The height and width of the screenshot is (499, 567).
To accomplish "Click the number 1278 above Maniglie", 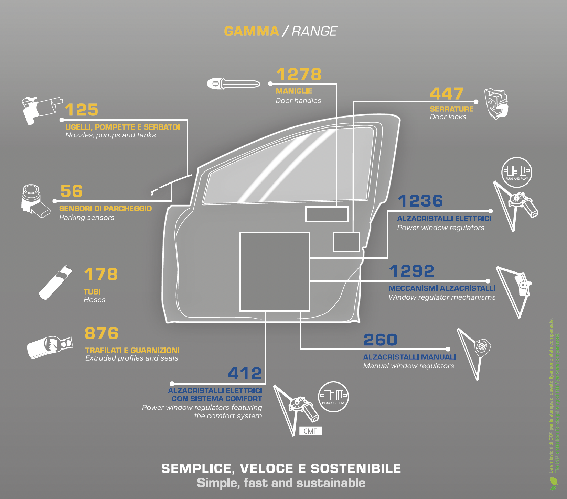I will pyautogui.click(x=299, y=75).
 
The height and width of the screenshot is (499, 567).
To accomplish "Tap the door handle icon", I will pyautogui.click(x=233, y=84).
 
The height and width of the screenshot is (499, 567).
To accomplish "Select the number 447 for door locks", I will pyautogui.click(x=447, y=94).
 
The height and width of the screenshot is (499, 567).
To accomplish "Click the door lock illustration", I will pyautogui.click(x=496, y=103).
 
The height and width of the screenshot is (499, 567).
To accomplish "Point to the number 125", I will pyautogui.click(x=82, y=110).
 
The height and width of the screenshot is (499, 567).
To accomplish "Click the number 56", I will pyautogui.click(x=72, y=191).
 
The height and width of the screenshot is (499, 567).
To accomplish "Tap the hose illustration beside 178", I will pyautogui.click(x=55, y=282).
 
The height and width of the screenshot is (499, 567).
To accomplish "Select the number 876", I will pyautogui.click(x=101, y=333).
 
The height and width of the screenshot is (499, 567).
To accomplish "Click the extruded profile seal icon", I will pyautogui.click(x=50, y=347).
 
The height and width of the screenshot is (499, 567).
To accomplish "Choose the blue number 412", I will pyautogui.click(x=245, y=374).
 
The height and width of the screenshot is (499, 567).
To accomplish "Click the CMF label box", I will pyautogui.click(x=310, y=431).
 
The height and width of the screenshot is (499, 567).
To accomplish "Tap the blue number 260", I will pyautogui.click(x=381, y=340).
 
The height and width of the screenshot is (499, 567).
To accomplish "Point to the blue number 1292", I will pyautogui.click(x=411, y=271).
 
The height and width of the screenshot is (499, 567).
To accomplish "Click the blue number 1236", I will pyautogui.click(x=420, y=201).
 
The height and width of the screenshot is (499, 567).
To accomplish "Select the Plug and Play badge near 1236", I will pyautogui.click(x=516, y=172).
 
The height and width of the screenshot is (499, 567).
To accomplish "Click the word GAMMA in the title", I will pyautogui.click(x=252, y=31).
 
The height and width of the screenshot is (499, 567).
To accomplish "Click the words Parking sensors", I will pyautogui.click(x=87, y=218).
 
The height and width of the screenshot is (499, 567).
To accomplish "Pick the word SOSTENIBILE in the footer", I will pyautogui.click(x=356, y=468).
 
